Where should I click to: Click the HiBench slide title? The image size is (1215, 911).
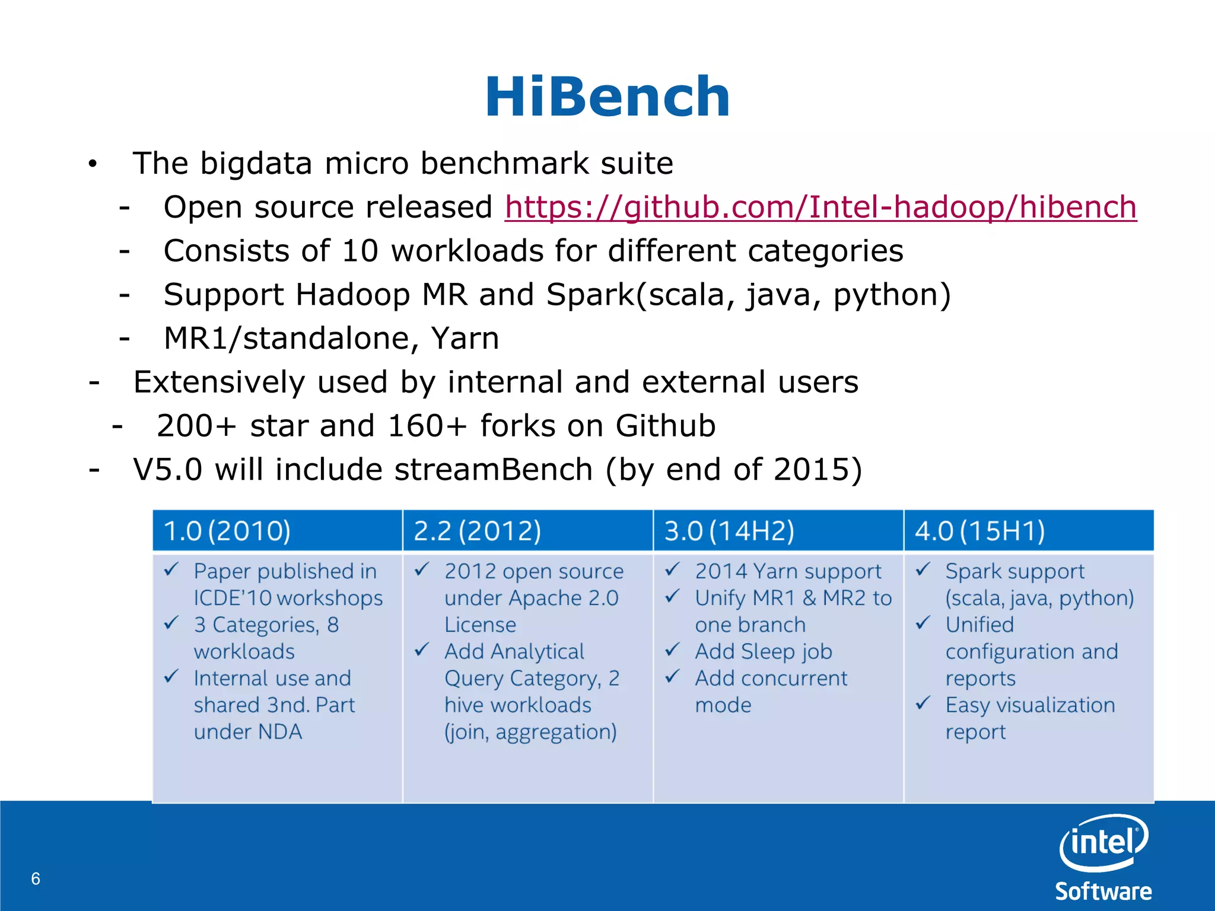tap(607, 97)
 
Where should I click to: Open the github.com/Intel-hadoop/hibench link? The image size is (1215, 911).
tap(820, 208)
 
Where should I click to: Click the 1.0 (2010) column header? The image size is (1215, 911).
tap(227, 531)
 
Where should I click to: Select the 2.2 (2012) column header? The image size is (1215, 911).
tap(478, 531)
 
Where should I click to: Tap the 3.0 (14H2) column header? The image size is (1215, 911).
tap(729, 531)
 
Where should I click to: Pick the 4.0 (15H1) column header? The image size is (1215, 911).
tap(979, 531)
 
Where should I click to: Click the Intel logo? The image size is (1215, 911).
tap(1103, 842)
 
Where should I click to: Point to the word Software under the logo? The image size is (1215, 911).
tap(1103, 891)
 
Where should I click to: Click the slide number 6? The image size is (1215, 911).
tap(36, 878)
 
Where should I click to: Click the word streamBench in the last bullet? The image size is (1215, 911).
tap(493, 470)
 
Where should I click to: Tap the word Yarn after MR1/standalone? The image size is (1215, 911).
tap(465, 339)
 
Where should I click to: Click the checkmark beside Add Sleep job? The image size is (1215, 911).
tap(672, 650)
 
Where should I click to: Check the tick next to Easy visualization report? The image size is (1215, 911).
tap(923, 703)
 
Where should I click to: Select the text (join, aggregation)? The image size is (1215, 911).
tap(530, 732)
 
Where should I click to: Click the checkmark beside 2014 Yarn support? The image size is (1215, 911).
tap(672, 570)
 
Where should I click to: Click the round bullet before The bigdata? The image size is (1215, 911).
tap(92, 164)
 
